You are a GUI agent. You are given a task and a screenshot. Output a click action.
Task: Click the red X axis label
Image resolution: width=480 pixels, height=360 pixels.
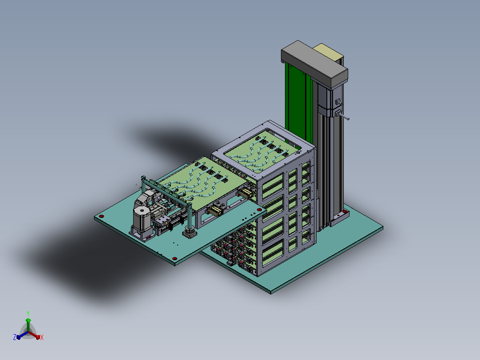(42, 337)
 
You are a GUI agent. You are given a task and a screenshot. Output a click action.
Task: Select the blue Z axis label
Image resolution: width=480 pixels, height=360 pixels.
(14, 337)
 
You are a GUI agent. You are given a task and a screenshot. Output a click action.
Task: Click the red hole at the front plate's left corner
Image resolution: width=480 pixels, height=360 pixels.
(102, 216)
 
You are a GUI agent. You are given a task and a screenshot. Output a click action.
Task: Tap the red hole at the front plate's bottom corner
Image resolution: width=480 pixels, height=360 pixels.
(175, 258)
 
